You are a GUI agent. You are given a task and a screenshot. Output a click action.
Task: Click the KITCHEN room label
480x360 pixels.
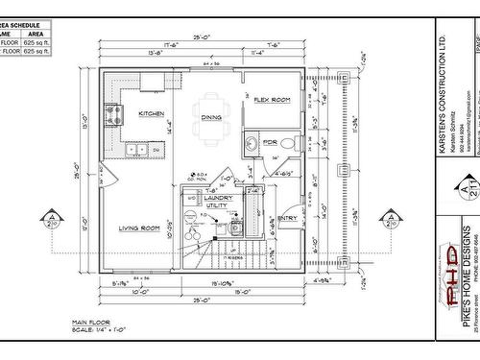(x=151, y=113)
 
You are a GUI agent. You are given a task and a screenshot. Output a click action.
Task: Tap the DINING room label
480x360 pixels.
(x=212, y=117)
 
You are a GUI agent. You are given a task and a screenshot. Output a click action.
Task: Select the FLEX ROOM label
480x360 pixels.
(x=272, y=99)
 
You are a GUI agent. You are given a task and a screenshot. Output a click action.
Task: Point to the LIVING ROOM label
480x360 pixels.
(x=138, y=228)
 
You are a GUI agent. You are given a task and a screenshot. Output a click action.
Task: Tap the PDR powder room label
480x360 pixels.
(x=270, y=142)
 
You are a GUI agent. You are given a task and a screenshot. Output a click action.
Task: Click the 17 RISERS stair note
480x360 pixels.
(x=230, y=257)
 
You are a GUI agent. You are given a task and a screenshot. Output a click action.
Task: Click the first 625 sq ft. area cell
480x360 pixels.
(x=36, y=42)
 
